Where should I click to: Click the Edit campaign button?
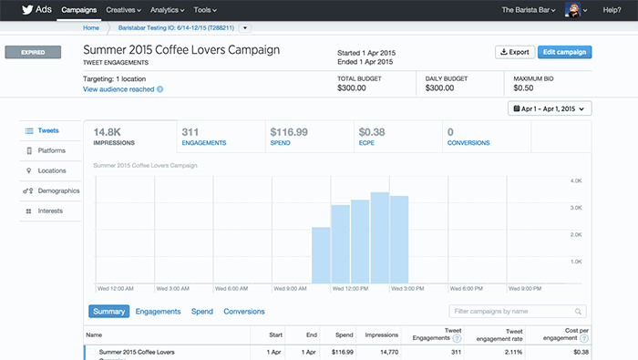[564, 52]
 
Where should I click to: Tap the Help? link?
[613, 9]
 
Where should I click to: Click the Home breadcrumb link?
[90, 28]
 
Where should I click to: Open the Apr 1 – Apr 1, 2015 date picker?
[551, 108]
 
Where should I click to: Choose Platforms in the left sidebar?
[51, 150]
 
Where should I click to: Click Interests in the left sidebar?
[50, 211]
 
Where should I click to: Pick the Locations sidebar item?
[51, 170]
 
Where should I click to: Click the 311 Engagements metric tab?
[219, 137]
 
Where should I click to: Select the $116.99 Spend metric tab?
[307, 137]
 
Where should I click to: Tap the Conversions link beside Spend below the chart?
[244, 312]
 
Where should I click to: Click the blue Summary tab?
[108, 312]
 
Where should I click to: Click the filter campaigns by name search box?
[517, 312]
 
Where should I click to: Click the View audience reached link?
[118, 89]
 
